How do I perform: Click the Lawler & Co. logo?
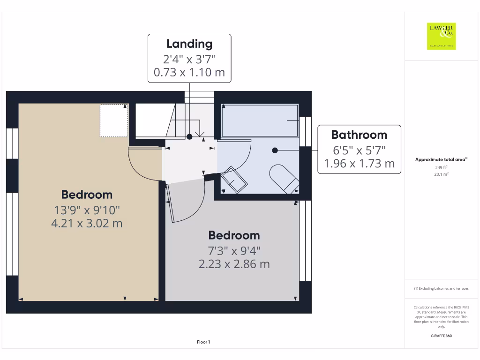pyautogui.click(x=441, y=36)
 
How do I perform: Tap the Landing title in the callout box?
pyautogui.click(x=189, y=44)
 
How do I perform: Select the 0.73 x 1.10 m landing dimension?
pyautogui.click(x=189, y=73)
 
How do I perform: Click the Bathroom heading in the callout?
pyautogui.click(x=359, y=135)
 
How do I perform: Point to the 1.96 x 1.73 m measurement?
pyautogui.click(x=359, y=164)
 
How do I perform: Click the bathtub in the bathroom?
pyautogui.click(x=260, y=120)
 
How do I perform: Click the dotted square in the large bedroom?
pyautogui.click(x=113, y=120)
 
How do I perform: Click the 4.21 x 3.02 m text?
pyautogui.click(x=87, y=223)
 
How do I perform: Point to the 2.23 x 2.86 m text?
pyautogui.click(x=234, y=264)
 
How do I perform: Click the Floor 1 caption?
pyautogui.click(x=203, y=342)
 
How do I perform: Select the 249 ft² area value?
pyautogui.click(x=441, y=167)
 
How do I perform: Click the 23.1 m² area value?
pyautogui.click(x=441, y=174)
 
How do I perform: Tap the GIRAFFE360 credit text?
pyautogui.click(x=441, y=336)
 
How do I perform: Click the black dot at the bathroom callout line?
pyautogui.click(x=275, y=150)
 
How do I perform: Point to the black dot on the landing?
pyautogui.click(x=189, y=137)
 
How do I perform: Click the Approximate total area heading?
pyautogui.click(x=441, y=160)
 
